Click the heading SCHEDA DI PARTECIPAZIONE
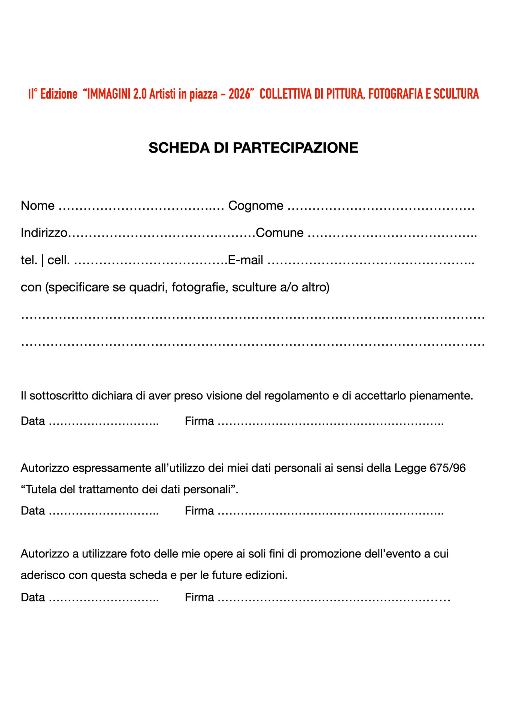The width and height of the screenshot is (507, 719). [x=253, y=148]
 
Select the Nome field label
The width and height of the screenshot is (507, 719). [x=38, y=206]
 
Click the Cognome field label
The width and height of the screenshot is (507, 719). [x=256, y=206]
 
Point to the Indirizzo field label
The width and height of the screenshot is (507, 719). [x=44, y=233]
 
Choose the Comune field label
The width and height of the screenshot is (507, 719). [x=280, y=233]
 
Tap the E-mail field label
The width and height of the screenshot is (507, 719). [x=245, y=260]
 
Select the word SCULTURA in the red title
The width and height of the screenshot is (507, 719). [x=456, y=94]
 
